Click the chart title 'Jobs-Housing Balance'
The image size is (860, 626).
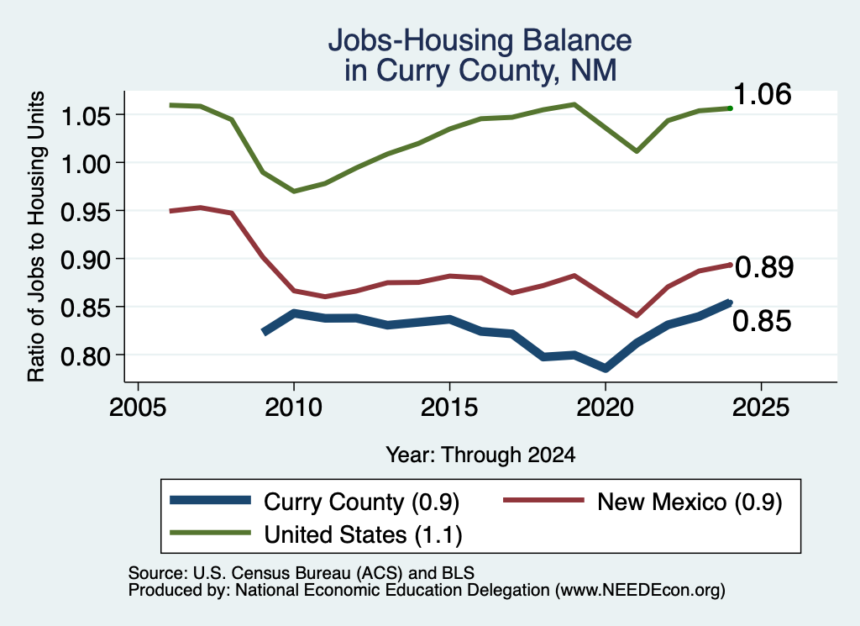tap(480, 40)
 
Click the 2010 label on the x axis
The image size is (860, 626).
tap(293, 408)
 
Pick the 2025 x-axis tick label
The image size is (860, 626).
tap(761, 408)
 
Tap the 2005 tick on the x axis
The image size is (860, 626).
tap(138, 408)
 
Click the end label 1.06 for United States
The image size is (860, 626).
tap(762, 94)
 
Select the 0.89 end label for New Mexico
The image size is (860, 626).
tap(764, 267)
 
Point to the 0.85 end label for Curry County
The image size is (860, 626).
tap(762, 320)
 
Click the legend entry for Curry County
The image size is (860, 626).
tap(315, 501)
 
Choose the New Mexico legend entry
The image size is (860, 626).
tap(642, 501)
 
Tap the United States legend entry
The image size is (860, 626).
tap(317, 534)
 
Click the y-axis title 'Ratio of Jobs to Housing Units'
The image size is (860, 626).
tap(36, 236)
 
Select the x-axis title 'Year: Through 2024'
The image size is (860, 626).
tap(480, 455)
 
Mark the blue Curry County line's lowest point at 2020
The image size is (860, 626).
tap(605, 368)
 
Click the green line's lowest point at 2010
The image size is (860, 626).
tap(294, 191)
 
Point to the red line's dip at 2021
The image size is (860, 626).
tap(637, 315)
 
